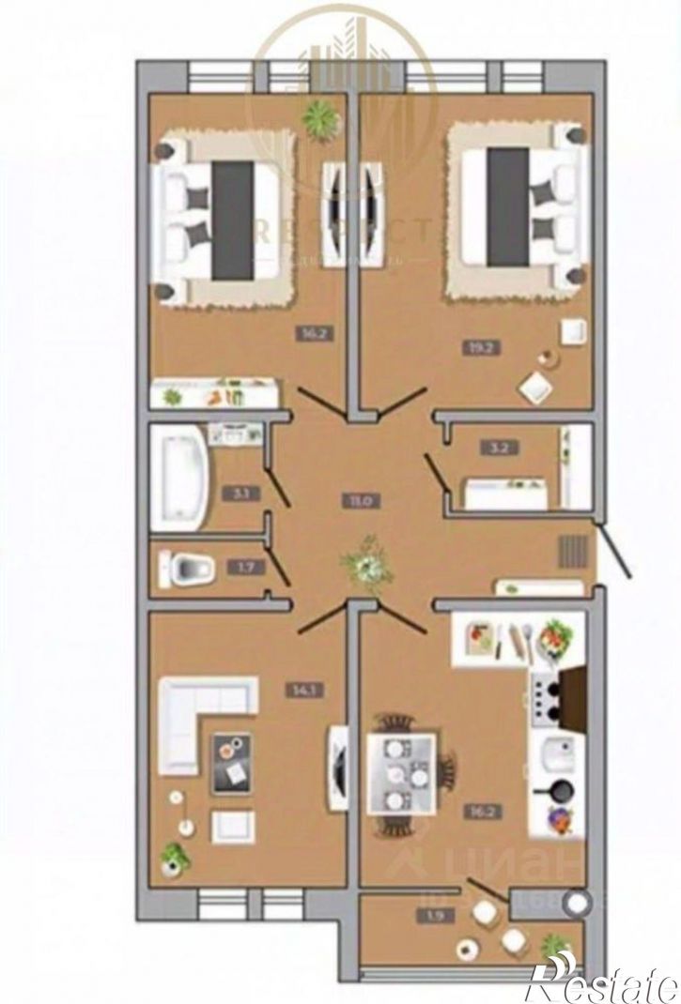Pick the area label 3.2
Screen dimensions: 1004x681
488,447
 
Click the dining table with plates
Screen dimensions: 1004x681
400,772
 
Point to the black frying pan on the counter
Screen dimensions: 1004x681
555,791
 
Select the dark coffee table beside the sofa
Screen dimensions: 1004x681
232,761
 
